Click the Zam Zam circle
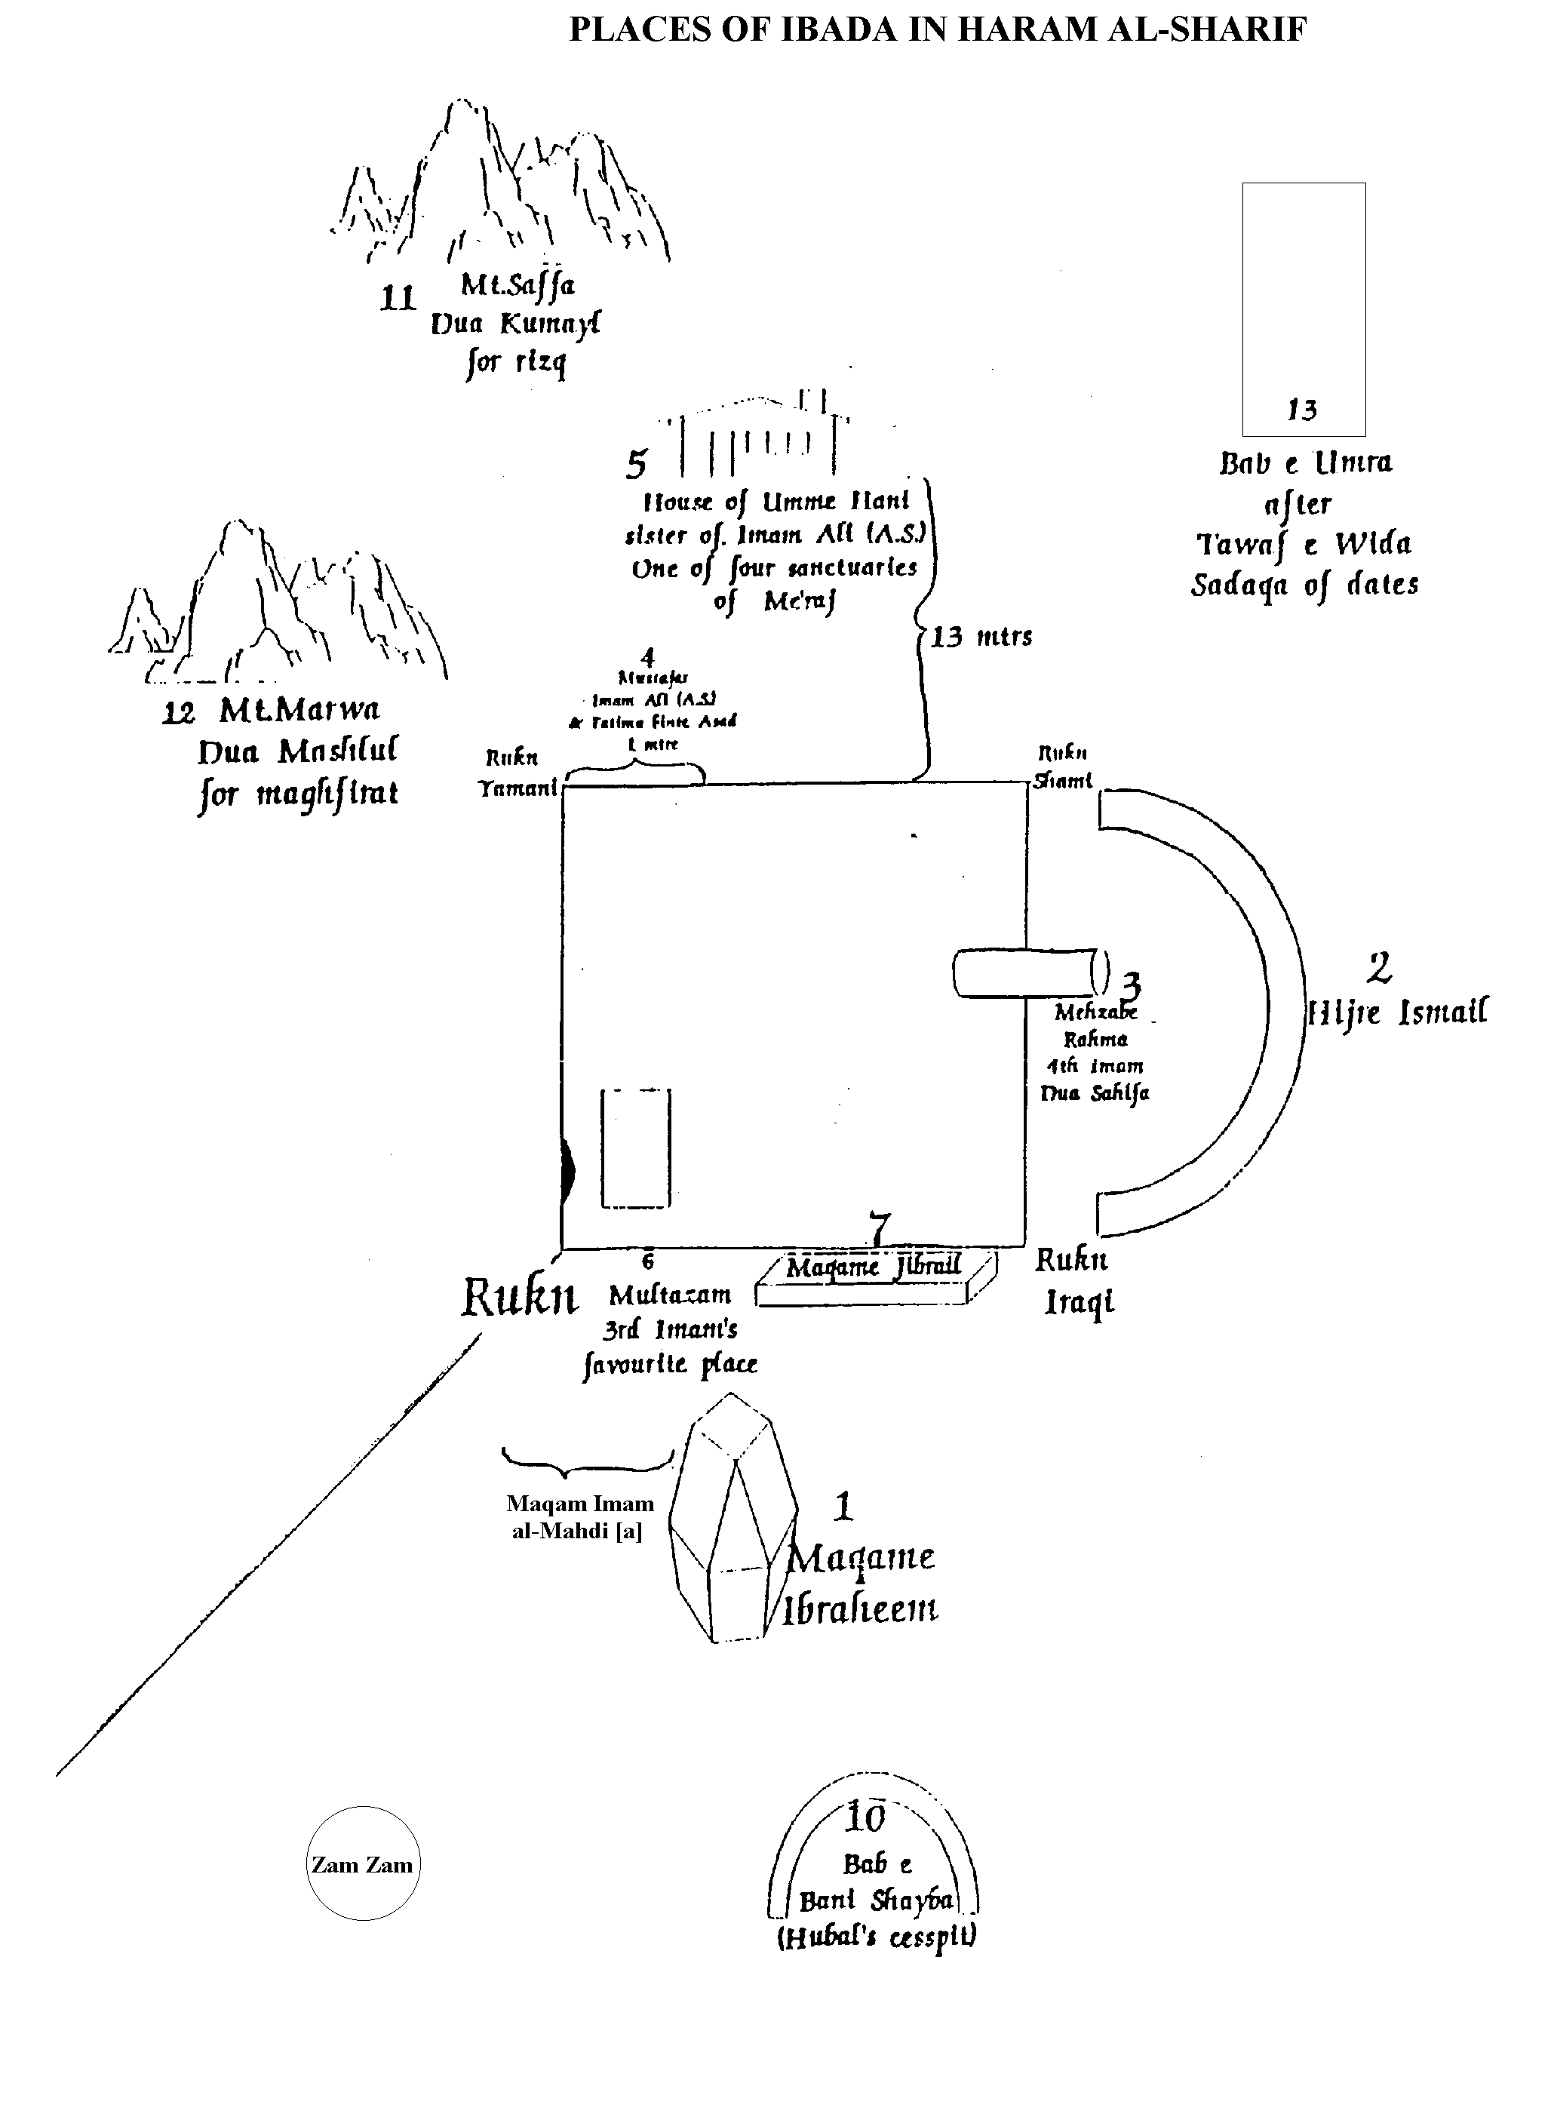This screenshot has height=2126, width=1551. (362, 1864)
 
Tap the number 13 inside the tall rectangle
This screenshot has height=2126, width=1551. (1302, 410)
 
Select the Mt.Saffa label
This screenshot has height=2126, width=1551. (518, 284)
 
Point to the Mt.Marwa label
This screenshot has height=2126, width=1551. (299, 710)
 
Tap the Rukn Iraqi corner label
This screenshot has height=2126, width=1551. (1076, 1281)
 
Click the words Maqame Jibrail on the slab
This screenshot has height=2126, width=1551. (873, 1267)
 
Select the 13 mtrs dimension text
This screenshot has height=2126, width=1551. (982, 637)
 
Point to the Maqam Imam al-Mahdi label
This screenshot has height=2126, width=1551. (579, 1516)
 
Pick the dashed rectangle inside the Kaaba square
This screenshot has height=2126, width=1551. (636, 1147)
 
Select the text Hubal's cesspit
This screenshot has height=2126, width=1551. (876, 1937)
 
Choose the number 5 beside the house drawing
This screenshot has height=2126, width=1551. (637, 464)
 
